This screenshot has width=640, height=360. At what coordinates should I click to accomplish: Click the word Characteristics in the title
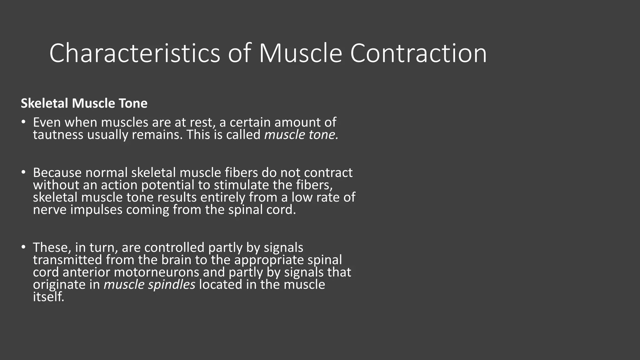point(135,53)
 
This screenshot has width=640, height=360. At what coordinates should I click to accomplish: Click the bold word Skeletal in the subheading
point(45,103)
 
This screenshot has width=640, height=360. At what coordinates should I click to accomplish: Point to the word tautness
point(58,135)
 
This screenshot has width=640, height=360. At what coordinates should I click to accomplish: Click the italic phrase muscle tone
point(301,135)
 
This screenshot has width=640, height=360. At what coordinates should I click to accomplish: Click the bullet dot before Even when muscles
point(23,122)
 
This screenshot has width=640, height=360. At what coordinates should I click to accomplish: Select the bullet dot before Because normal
point(23,172)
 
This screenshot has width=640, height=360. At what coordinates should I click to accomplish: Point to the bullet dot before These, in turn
point(23,247)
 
